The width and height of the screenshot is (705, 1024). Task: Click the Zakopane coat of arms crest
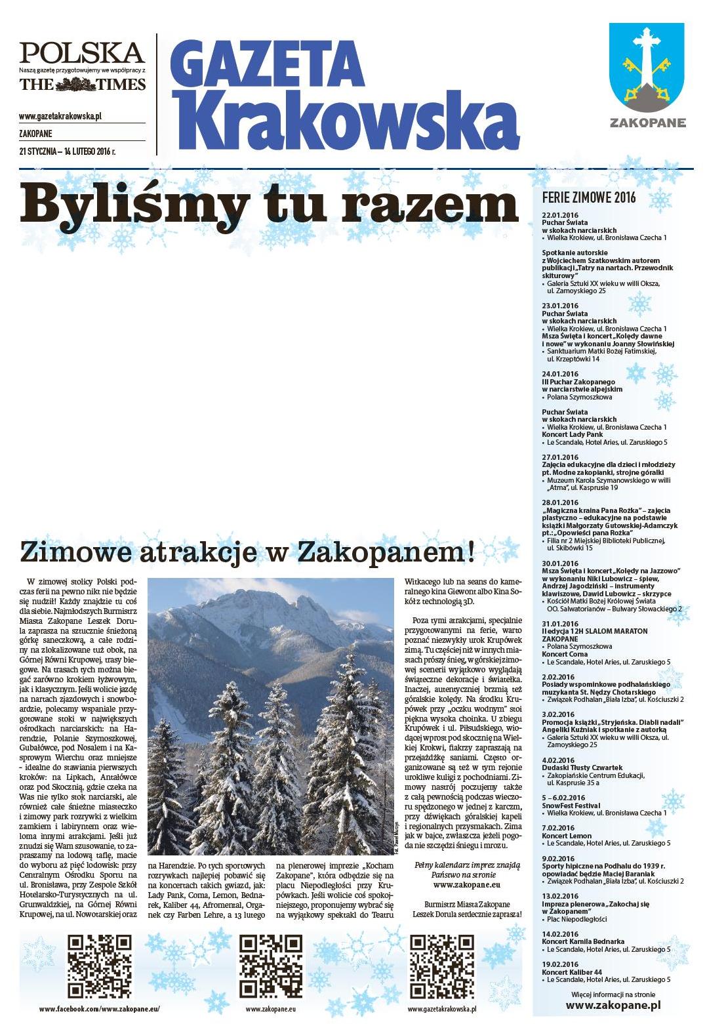[x=647, y=69]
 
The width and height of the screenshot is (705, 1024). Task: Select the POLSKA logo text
[x=82, y=52]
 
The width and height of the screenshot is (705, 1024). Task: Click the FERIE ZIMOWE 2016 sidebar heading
[x=589, y=199]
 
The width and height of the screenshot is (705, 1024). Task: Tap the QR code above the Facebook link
[x=100, y=966]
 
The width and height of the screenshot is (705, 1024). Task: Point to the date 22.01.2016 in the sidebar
[x=559, y=215]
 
